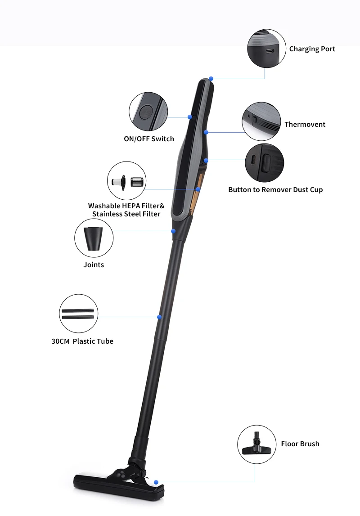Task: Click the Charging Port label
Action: pyautogui.click(x=312, y=49)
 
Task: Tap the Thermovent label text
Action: pyautogui.click(x=305, y=125)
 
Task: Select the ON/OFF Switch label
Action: pyautogui.click(x=149, y=139)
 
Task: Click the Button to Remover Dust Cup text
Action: pyautogui.click(x=275, y=190)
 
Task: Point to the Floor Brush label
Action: pyautogui.click(x=300, y=444)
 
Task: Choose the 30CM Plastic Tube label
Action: pyautogui.click(x=82, y=341)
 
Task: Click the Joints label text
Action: pyautogui.click(x=94, y=265)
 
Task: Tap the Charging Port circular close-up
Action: pyautogui.click(x=267, y=49)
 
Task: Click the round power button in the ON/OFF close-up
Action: pyautogui.click(x=145, y=112)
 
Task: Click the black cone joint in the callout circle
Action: pyautogui.click(x=94, y=238)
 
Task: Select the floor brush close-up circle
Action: pyautogui.click(x=256, y=444)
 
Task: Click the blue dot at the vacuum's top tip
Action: pyautogui.click(x=211, y=79)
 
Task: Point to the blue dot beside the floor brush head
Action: pyautogui.click(x=156, y=482)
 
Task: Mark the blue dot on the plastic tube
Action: pyautogui.click(x=159, y=317)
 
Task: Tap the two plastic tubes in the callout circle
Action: pyautogui.click(x=78, y=314)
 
